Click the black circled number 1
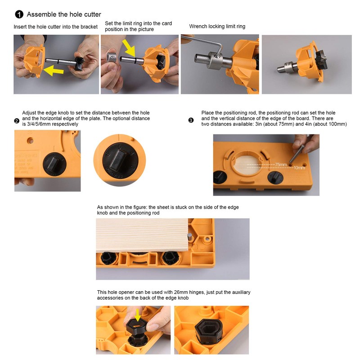[19, 14]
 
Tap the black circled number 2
[17, 121]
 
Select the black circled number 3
[191, 120]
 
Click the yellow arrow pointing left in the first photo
[53, 71]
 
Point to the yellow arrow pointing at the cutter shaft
[129, 48]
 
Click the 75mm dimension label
[281, 165]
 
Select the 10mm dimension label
[299, 168]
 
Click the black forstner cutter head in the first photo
[80, 63]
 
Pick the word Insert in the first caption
[19, 27]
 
